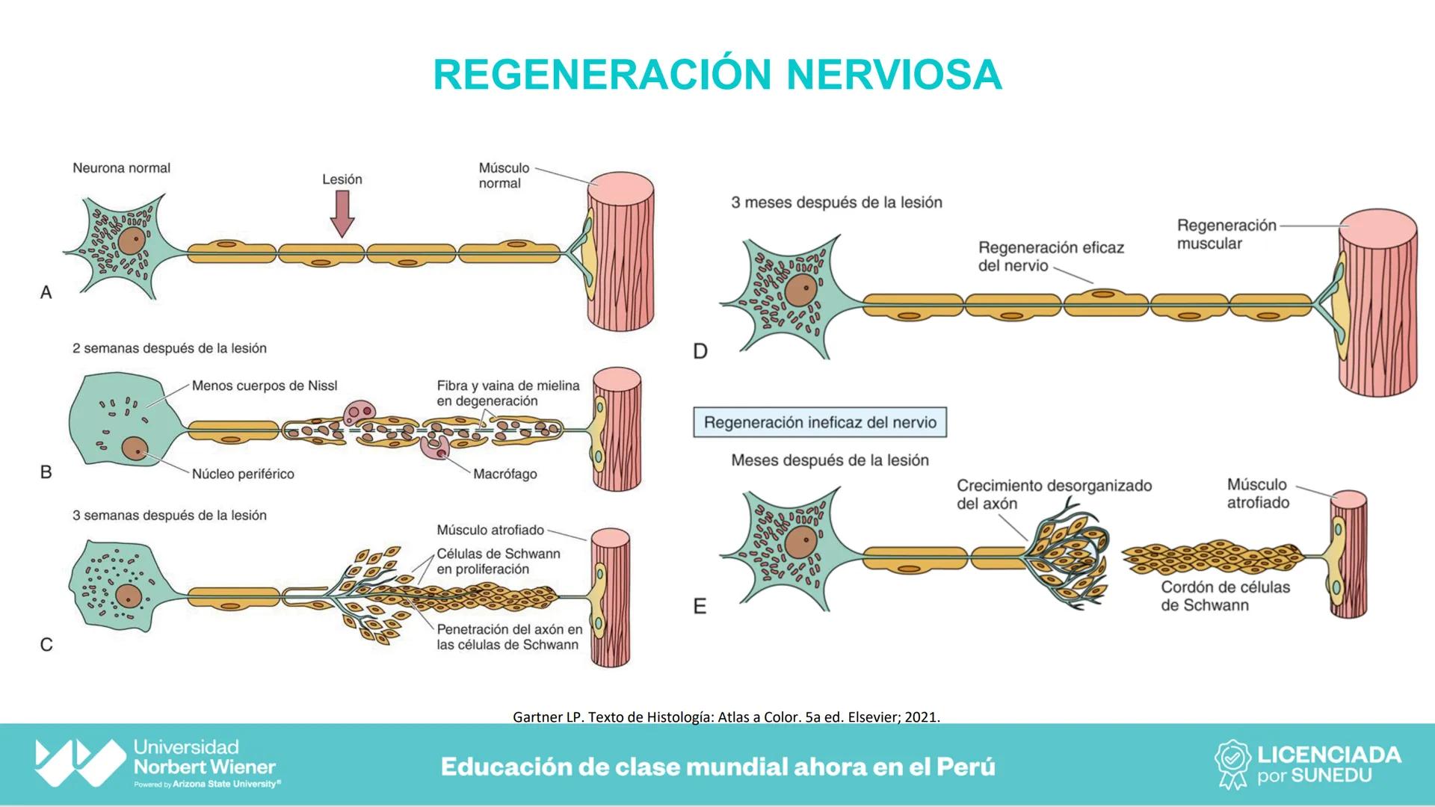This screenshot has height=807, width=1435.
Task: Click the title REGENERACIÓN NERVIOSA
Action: tap(717, 75)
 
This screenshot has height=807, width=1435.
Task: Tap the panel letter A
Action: tap(46, 293)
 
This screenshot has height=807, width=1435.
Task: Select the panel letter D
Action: tap(700, 351)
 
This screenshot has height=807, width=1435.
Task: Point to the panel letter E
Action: tap(700, 606)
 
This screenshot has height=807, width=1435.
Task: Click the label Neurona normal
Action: tap(121, 168)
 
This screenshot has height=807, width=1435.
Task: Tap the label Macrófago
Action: tap(504, 474)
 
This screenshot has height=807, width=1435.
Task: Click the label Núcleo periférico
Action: tap(243, 474)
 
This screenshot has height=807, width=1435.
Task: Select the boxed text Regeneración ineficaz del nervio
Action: tap(820, 422)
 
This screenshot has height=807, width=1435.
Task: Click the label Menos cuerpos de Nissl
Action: tap(265, 386)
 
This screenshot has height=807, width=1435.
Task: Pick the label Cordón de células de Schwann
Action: tap(1225, 596)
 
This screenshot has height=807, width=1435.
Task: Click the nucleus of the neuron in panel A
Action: tap(132, 241)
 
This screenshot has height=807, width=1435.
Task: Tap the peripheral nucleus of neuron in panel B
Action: tap(135, 448)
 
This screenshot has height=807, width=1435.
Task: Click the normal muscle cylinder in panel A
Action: tap(620, 254)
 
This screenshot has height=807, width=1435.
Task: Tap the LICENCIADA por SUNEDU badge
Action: tap(1307, 764)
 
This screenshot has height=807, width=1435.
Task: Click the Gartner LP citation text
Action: tap(726, 717)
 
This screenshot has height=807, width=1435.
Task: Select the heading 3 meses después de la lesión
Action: tap(836, 202)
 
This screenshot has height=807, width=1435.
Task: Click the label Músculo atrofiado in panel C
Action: tap(490, 530)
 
